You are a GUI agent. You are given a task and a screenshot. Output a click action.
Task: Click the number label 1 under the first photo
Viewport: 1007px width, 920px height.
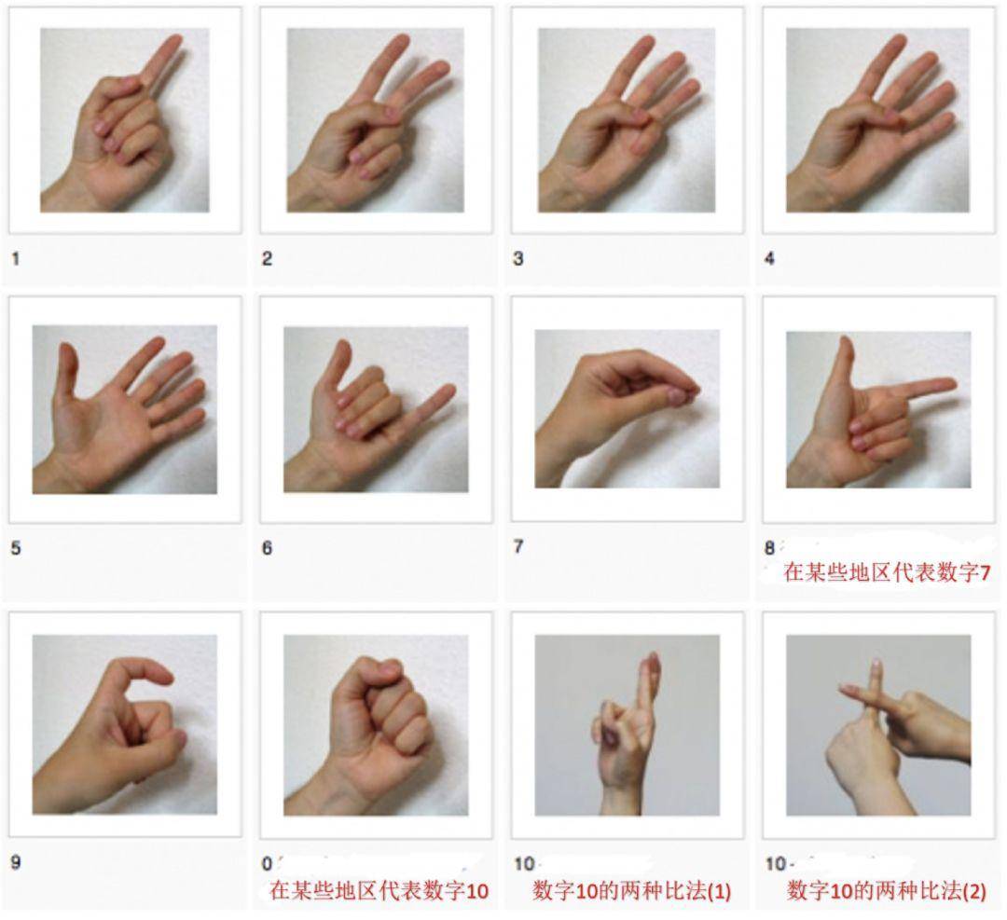[x=16, y=258]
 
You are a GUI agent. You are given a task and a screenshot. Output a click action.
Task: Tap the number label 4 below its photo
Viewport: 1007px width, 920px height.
[x=769, y=258]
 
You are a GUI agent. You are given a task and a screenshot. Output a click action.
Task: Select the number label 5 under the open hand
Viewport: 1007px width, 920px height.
[x=16, y=548]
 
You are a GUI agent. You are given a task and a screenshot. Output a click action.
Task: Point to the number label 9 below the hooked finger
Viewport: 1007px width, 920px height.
[x=16, y=862]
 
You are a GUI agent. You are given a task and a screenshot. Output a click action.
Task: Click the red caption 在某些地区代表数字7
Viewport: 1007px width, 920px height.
[x=886, y=573]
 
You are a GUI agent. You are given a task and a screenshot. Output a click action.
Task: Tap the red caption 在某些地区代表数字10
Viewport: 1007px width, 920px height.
[x=379, y=890]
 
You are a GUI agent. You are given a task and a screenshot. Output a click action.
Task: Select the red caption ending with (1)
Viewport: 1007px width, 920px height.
[x=631, y=890]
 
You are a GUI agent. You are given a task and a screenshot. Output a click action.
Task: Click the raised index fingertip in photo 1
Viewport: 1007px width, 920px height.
[x=174, y=42]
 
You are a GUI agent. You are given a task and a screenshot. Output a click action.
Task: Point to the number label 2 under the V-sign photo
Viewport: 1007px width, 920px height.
[x=267, y=258]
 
